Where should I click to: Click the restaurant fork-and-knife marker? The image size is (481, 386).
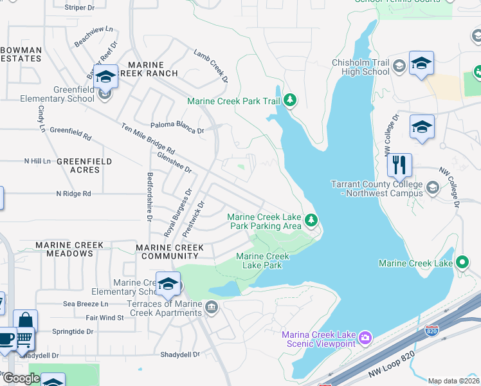tap(399, 165)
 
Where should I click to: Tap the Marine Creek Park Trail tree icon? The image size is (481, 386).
tap(291, 100)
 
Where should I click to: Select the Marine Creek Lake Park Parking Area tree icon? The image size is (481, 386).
tap(311, 221)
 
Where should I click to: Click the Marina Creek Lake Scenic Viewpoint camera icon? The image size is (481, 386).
tap(365, 337)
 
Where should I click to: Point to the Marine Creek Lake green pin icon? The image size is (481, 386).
tap(462, 262)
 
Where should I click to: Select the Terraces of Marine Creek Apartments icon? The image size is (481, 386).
tap(211, 308)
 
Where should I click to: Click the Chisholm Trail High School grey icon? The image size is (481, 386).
tap(399, 66)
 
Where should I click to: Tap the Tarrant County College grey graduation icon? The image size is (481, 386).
tap(431, 188)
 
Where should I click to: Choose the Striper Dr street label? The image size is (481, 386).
tap(80, 8)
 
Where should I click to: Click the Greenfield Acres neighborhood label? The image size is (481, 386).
tap(84, 165)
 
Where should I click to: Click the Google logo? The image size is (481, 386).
tap(21, 378)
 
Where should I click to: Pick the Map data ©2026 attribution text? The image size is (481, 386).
tap(453, 381)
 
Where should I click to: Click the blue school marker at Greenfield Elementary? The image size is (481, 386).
tap(105, 77)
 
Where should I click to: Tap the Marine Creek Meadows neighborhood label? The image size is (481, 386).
tap(64, 249)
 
